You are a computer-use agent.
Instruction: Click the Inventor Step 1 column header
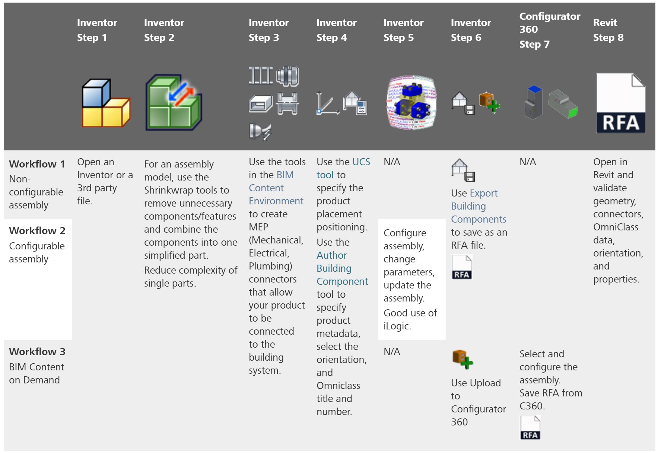(x=97, y=30)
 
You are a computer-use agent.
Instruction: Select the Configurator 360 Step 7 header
(x=549, y=30)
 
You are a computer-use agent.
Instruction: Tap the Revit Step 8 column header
(x=608, y=30)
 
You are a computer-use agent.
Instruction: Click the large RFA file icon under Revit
(x=620, y=103)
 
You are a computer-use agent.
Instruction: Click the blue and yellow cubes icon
(x=105, y=103)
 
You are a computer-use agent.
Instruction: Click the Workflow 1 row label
(x=37, y=164)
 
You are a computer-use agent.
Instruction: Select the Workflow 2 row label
(x=37, y=231)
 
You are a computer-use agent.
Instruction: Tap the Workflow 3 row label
(x=37, y=352)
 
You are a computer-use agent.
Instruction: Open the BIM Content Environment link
(x=276, y=188)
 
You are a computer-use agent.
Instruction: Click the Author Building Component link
(x=342, y=268)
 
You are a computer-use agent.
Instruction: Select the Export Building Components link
(x=478, y=206)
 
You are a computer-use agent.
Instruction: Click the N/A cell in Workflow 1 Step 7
(x=527, y=162)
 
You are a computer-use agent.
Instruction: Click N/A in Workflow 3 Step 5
(x=392, y=352)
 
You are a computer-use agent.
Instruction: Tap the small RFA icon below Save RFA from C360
(x=530, y=428)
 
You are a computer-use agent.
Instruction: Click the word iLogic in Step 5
(x=397, y=326)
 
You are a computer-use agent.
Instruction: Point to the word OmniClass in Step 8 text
(x=615, y=227)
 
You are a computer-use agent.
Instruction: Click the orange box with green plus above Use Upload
(x=462, y=359)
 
